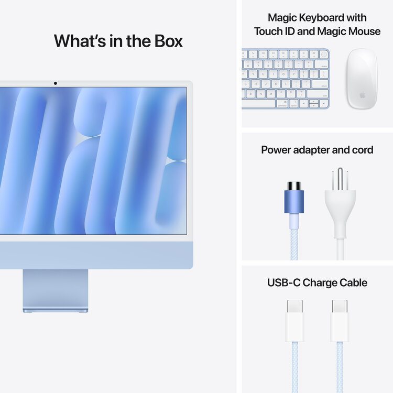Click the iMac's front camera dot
(x=55, y=83)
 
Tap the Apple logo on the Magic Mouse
(x=362, y=95)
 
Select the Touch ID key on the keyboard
(x=325, y=53)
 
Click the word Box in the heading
(x=166, y=41)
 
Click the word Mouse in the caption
(x=363, y=31)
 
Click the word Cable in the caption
(x=351, y=283)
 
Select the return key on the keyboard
(x=321, y=84)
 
